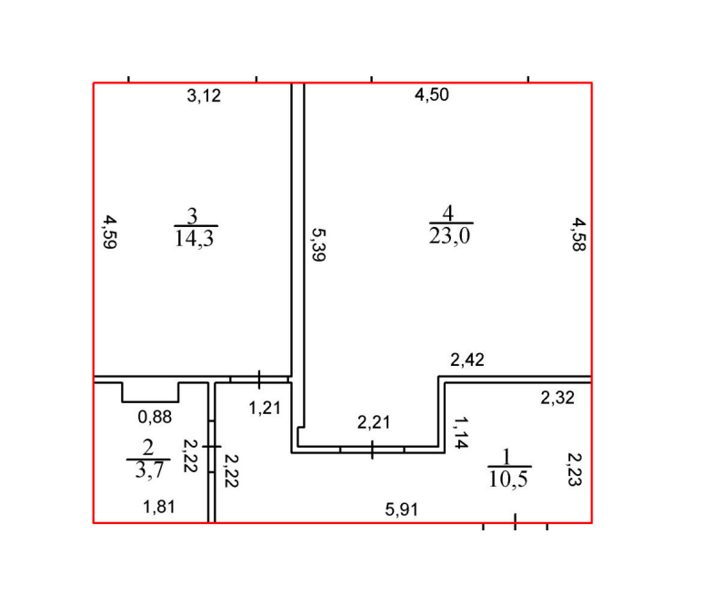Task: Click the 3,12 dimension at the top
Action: pos(204,95)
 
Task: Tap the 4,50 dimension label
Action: pos(432,94)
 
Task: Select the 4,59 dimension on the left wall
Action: pos(110,232)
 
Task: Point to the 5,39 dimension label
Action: pos(318,244)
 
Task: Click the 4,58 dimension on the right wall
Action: pos(579,234)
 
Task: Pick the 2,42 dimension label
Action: pos(467,360)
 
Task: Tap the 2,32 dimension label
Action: pos(557,398)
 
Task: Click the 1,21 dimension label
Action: pos(265,408)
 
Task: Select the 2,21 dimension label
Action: pos(374,422)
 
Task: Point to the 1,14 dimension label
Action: pos(461,432)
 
